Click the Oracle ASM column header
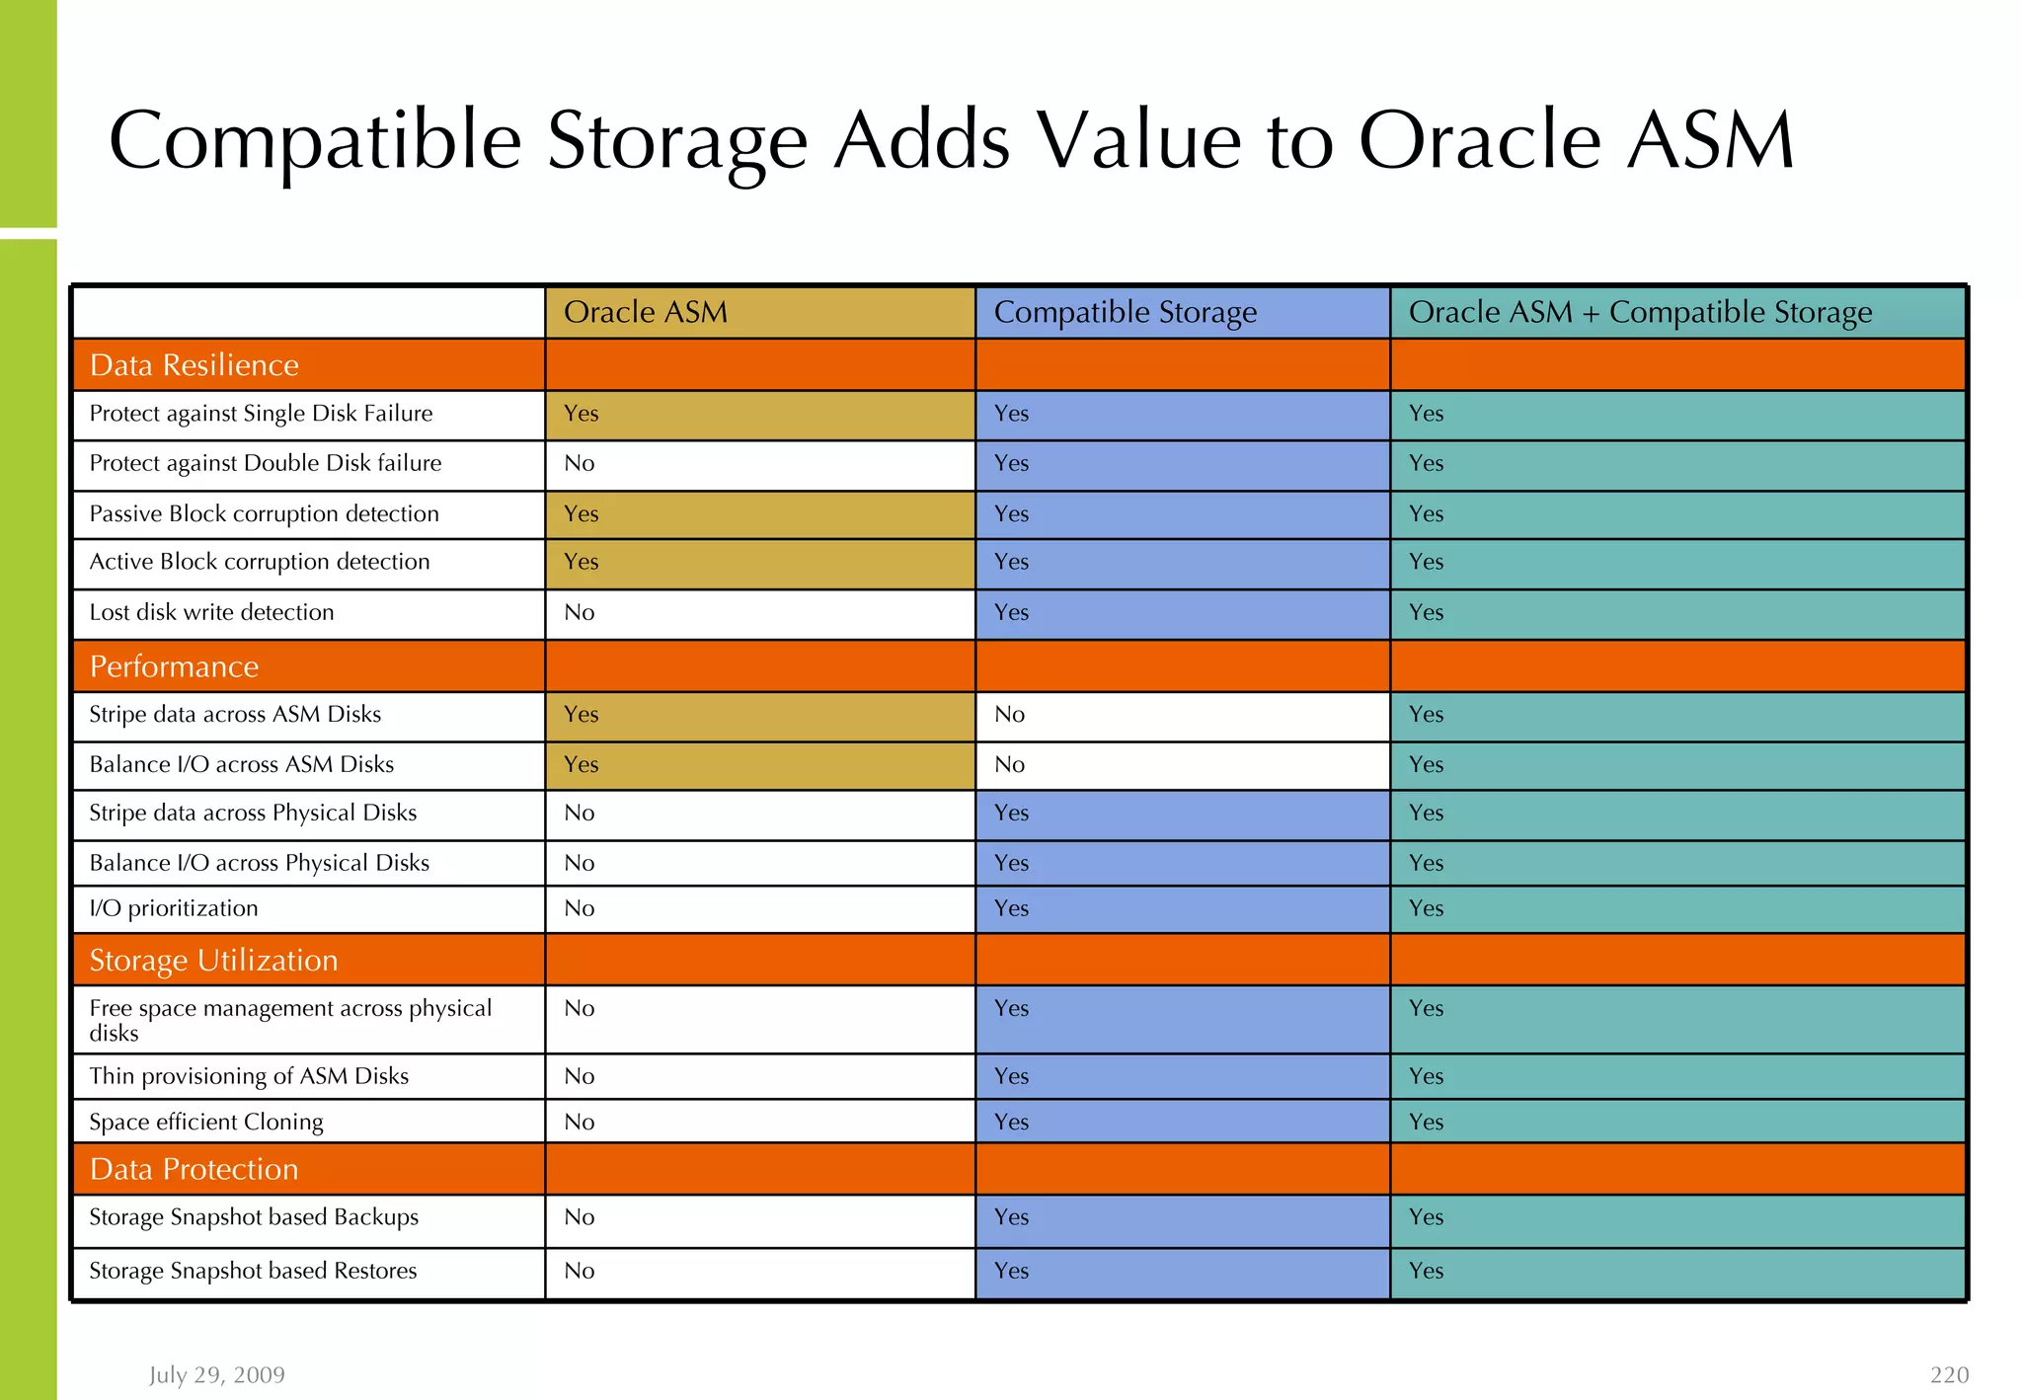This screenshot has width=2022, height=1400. [x=646, y=313]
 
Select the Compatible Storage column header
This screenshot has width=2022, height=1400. [x=1125, y=313]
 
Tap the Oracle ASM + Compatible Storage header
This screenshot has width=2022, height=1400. [x=1639, y=313]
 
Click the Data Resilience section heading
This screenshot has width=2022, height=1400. [x=194, y=365]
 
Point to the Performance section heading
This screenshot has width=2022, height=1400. [x=174, y=666]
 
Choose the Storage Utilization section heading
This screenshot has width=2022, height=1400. [x=213, y=961]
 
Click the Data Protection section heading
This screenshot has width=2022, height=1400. [x=194, y=1169]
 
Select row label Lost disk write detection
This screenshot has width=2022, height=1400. [x=211, y=612]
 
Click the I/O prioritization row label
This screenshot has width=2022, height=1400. [x=174, y=908]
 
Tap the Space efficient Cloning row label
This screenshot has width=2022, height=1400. [x=206, y=1122]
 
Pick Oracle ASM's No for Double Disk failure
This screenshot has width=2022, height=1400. [x=580, y=463]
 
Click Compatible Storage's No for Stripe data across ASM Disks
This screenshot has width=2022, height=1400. [x=1009, y=714]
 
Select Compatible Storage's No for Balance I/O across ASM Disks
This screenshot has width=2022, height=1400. [x=1009, y=764]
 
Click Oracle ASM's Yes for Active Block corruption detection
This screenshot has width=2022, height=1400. [x=581, y=562]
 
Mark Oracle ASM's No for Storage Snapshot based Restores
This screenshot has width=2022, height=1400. [x=580, y=1271]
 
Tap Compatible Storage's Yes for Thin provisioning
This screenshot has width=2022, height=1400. [x=1011, y=1076]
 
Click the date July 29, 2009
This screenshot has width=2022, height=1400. [x=217, y=1375]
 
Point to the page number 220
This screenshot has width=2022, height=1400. [x=1949, y=1375]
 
